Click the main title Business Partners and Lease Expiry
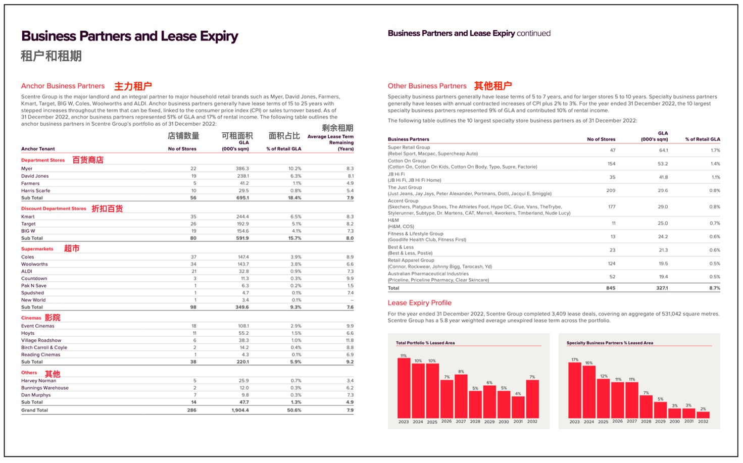tap(130, 36)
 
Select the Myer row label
tap(27, 169)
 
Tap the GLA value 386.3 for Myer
tap(242, 169)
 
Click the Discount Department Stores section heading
tap(54, 209)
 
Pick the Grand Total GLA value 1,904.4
tap(240, 410)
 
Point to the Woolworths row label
tap(34, 264)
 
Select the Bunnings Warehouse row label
tap(44, 388)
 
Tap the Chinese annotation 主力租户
tap(133, 86)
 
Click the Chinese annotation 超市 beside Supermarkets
tap(72, 248)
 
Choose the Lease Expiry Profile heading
tap(419, 303)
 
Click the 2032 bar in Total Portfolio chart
tap(532, 399)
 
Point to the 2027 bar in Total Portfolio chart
tap(461, 396)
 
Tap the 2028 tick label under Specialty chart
tap(646, 422)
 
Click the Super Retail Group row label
tap(409, 147)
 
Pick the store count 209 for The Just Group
tap(611, 190)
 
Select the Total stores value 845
tap(611, 288)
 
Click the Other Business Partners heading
tap(427, 86)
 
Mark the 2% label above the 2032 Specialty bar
tap(703, 409)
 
